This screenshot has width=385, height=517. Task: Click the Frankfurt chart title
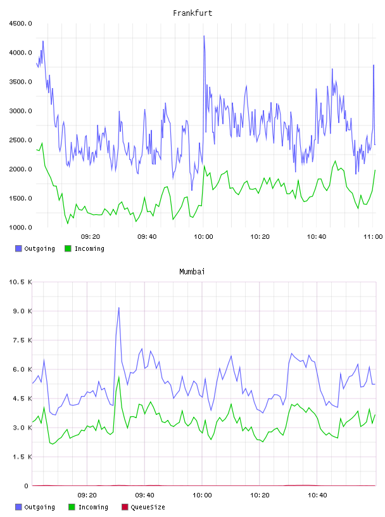192,13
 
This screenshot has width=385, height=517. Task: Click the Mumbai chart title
192,271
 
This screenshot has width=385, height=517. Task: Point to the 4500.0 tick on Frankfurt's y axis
20,23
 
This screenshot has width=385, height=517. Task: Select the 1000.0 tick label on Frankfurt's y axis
20,227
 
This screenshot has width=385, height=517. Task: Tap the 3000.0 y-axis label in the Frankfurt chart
20,111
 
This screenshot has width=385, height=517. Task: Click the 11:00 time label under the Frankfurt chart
373,236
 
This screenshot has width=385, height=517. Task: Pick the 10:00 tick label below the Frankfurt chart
203,236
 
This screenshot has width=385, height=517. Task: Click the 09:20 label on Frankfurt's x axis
91,236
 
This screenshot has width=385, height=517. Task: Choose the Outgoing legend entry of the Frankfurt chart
35,248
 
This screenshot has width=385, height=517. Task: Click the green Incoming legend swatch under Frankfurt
68,248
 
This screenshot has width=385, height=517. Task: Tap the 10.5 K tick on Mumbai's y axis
20,282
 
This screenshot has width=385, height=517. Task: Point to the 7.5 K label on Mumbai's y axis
22,340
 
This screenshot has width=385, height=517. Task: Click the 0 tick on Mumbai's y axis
26,486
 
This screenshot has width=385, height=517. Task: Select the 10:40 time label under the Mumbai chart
317,495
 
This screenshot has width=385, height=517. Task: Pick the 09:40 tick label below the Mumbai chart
145,495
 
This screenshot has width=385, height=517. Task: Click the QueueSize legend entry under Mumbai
143,507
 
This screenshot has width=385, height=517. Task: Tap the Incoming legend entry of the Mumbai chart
89,507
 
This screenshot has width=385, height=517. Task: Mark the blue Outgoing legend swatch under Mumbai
18,507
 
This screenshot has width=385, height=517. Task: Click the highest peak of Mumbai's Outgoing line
118,308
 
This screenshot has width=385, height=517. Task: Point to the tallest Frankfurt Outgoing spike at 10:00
204,36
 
